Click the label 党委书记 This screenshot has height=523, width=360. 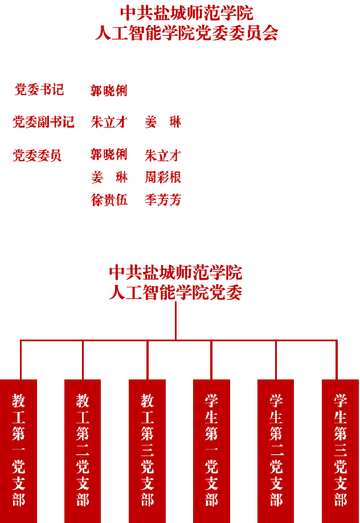click(x=39, y=90)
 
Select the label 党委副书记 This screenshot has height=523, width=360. click(x=44, y=122)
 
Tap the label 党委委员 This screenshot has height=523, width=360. click(x=38, y=156)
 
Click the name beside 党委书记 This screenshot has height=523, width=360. click(x=109, y=91)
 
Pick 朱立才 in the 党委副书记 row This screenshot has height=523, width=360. click(x=109, y=122)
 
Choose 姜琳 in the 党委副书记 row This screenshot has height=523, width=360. click(x=163, y=122)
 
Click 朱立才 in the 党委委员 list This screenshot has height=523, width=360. click(x=163, y=156)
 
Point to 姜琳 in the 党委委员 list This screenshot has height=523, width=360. click(x=110, y=177)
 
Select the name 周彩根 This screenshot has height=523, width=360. click(x=163, y=177)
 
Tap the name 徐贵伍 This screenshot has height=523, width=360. click(x=109, y=200)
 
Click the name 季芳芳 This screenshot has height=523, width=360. click(x=163, y=200)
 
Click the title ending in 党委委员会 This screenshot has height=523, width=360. click(x=181, y=33)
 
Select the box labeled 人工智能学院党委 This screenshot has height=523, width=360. click(x=173, y=274)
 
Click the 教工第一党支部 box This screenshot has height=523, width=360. click(x=18, y=450)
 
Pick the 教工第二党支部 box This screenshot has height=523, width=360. click(x=83, y=450)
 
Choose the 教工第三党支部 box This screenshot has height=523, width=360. click(x=147, y=450)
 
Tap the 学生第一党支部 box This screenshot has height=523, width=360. click(x=211, y=450)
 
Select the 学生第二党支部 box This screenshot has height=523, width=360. click(x=276, y=450)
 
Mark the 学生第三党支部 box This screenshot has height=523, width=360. click(x=340, y=450)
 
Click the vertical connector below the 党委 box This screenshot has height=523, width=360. click(x=175, y=320)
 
